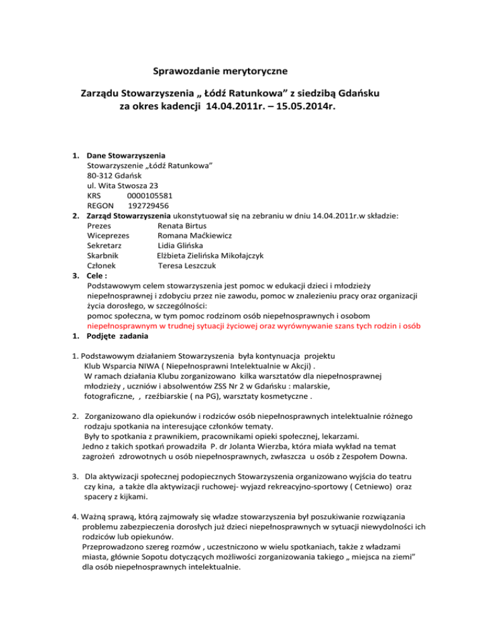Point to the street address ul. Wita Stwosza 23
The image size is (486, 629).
(x=123, y=186)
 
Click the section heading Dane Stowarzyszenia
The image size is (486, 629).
(x=127, y=155)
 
